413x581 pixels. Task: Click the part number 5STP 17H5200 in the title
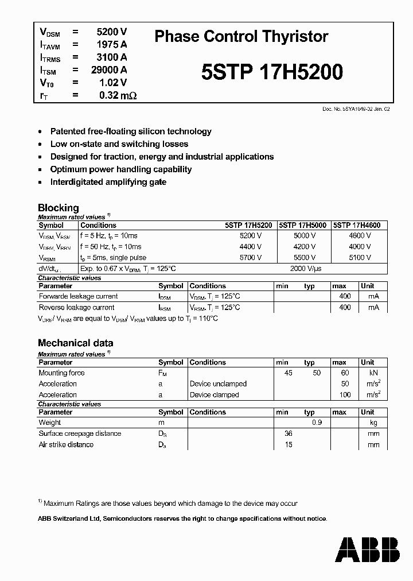coord(272,72)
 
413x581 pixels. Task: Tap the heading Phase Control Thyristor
coord(241,37)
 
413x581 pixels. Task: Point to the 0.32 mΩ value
coord(118,95)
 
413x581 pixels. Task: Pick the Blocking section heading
coord(58,208)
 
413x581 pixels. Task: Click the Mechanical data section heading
coord(75,343)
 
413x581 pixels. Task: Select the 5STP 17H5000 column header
coord(302,226)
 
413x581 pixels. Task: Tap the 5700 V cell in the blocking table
coord(250,258)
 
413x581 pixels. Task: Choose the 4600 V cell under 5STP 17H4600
coord(360,236)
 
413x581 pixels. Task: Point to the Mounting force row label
coord(61,373)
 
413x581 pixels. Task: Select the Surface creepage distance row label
coord(80,433)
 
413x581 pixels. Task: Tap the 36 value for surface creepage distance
coord(288,433)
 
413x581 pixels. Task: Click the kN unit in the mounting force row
coord(373,373)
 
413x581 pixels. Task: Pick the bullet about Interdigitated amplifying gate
coord(108,182)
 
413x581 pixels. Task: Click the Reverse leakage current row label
coord(77,308)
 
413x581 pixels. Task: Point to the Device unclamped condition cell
coord(218,384)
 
